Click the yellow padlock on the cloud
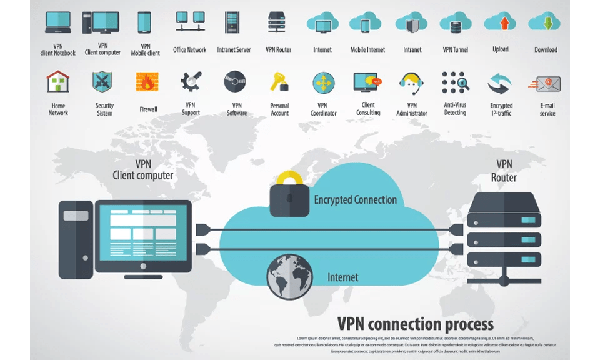(289, 196)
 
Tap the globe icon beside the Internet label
(289, 276)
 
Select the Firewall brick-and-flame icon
(147, 82)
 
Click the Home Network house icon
(58, 82)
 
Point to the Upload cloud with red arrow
(501, 23)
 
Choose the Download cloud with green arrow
(545, 23)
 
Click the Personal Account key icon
(279, 82)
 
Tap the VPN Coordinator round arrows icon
(324, 82)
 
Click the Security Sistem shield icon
(102, 82)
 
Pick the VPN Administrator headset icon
(412, 82)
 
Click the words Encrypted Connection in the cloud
(355, 200)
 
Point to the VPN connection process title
(415, 324)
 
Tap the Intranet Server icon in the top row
(232, 23)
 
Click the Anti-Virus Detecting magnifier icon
(455, 82)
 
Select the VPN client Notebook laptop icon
(57, 23)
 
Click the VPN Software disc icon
(236, 82)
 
